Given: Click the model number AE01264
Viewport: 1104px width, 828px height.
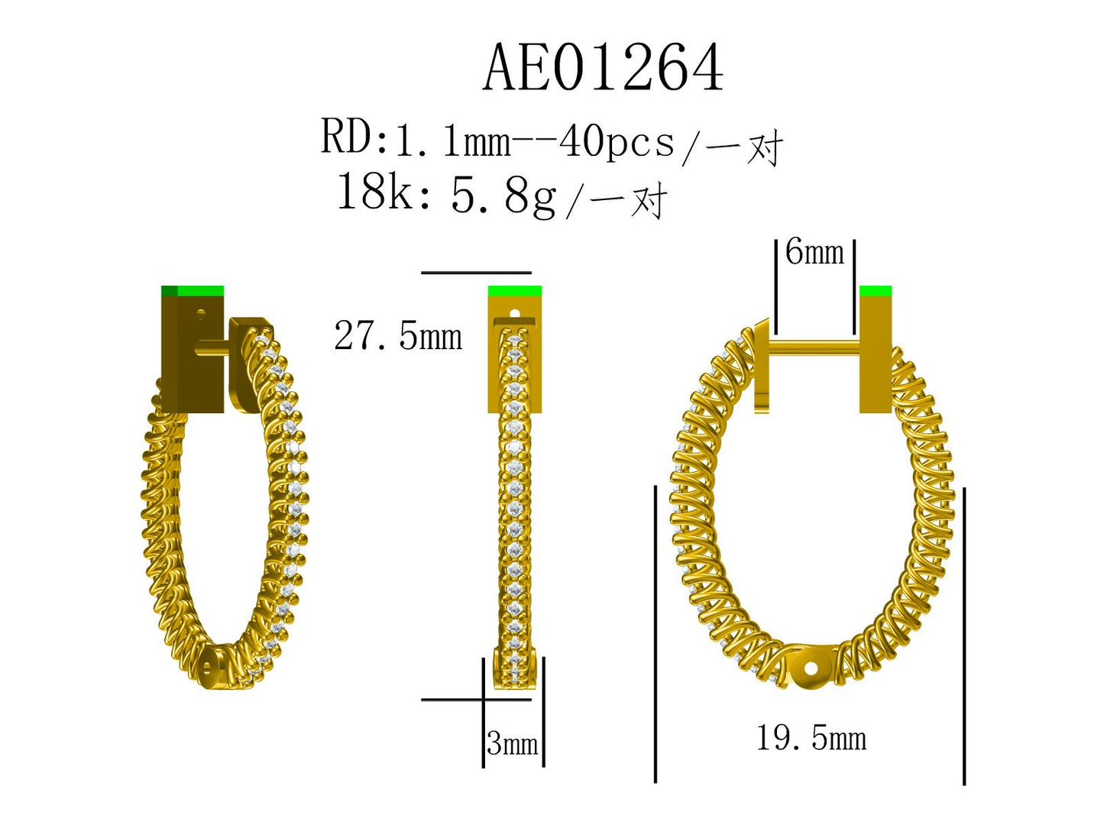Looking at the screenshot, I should point(603,68).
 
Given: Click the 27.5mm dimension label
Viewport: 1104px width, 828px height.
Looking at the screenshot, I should point(398,336).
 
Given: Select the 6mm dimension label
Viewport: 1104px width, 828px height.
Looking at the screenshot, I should point(814,252).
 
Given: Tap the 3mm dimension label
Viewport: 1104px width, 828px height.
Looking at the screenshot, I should point(513,743).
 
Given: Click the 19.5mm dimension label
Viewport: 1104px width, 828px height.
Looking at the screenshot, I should point(811,739).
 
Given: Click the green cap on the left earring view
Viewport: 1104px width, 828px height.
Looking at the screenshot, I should point(193,291).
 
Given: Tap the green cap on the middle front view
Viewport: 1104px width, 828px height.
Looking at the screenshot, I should point(514,291).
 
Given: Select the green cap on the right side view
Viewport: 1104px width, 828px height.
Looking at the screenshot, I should point(876,291).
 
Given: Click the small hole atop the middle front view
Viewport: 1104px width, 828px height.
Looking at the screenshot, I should point(514,313).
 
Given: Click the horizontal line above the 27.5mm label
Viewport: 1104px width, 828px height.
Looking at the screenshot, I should point(476,272).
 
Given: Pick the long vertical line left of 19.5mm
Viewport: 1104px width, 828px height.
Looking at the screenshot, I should point(656,634).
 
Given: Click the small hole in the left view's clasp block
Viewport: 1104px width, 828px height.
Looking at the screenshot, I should point(202,312).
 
